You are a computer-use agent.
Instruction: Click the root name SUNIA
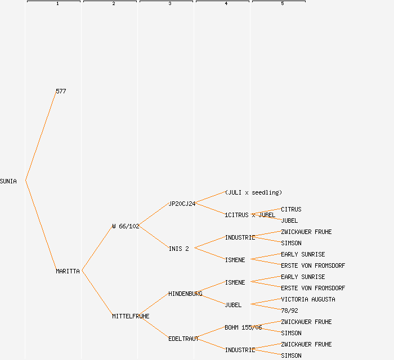pos(8,181)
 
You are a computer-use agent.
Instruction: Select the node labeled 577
pos(61,91)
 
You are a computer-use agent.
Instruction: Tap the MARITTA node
pos(68,271)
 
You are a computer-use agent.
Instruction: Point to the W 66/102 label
pos(126,226)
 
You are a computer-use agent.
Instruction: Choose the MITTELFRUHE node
pos(131,316)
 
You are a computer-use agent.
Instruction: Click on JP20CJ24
pos(182,204)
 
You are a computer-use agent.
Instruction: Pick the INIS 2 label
pos(178,249)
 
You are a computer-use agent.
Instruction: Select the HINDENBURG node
pos(185,294)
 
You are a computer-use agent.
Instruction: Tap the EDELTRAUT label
pos(183,339)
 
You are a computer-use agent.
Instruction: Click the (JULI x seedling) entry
pos(253,192)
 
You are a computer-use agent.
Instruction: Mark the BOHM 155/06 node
pos(243,327)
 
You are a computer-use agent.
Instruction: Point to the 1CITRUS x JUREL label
pos(250,215)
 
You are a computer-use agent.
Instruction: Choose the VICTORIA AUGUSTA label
pos(308,299)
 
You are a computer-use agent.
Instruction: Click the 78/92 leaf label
pos(289,310)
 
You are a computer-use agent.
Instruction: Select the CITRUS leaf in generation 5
pos(291,209)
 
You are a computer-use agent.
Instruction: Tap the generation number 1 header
pos(57,4)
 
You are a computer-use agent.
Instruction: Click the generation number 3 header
pos(170,4)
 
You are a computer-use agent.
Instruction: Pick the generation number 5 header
pos(283,4)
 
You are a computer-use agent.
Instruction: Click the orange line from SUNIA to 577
pos(41,136)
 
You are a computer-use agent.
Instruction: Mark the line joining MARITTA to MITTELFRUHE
pos(97,294)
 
